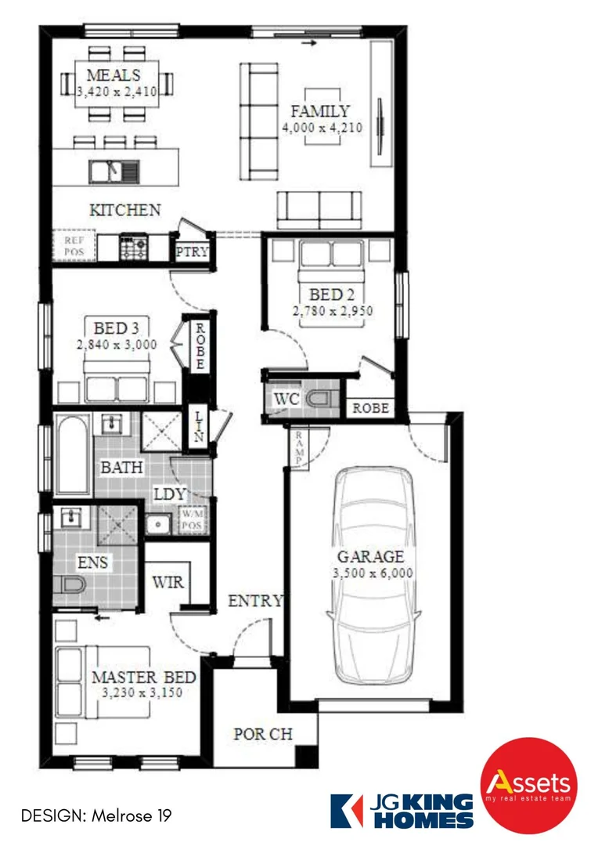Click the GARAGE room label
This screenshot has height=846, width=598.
(370, 557)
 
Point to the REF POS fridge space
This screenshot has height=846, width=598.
(74, 247)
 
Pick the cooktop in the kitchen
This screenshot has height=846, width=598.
(133, 248)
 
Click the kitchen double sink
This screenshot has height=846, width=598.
(113, 171)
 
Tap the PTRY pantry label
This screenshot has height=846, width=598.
(191, 253)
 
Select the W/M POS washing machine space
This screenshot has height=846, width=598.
(192, 519)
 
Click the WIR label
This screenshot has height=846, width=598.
(168, 583)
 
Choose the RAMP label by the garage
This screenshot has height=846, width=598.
(298, 450)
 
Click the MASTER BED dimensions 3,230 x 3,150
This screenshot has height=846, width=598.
(144, 692)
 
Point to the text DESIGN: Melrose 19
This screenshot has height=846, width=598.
(95, 815)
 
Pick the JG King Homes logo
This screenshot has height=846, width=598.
(402, 810)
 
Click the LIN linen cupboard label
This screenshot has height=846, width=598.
(200, 428)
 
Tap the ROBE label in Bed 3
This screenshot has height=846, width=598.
(200, 346)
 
